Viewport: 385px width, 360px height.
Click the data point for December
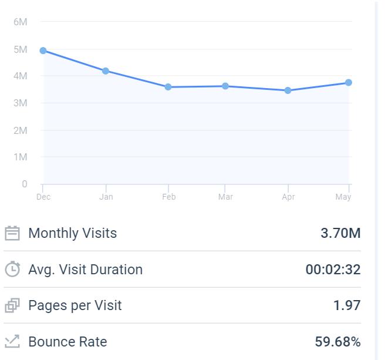[43, 51]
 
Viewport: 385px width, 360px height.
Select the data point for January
[106, 71]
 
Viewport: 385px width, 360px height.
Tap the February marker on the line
[168, 87]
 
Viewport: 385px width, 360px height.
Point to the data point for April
[288, 90]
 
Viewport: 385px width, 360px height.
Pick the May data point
[349, 83]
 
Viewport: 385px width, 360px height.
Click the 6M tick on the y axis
[20, 22]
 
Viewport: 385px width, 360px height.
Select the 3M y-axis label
[20, 103]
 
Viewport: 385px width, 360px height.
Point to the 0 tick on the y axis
[24, 184]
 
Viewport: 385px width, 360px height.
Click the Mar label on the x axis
[225, 197]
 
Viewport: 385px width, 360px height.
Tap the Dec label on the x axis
[43, 197]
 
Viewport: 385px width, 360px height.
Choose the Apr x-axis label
[288, 197]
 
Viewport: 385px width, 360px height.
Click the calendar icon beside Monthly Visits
[12, 234]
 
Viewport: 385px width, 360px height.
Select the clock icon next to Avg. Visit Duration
[12, 270]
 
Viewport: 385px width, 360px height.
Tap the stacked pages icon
[12, 306]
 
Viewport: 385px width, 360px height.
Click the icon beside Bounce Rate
[12, 342]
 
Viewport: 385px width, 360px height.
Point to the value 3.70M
[340, 233]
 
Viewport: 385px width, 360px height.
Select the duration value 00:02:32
[333, 270]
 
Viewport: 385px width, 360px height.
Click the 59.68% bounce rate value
[337, 342]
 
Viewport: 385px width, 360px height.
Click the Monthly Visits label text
[73, 233]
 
